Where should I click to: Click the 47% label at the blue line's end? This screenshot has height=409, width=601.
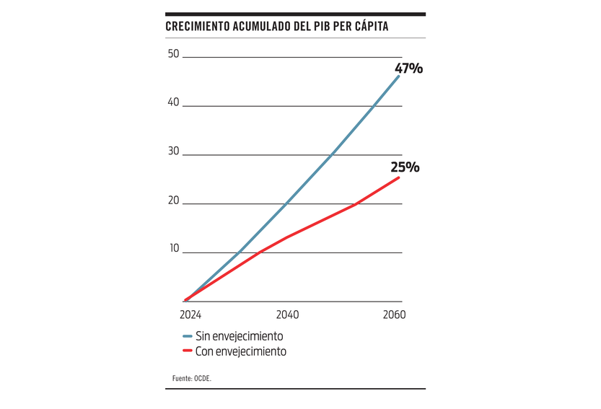pos(408,69)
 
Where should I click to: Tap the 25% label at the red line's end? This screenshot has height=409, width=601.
pos(405,167)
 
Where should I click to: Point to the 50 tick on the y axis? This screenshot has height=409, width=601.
pos(173,53)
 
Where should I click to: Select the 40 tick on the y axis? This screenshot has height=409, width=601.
pos(173,102)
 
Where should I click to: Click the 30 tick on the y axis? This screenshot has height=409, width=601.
pos(173,151)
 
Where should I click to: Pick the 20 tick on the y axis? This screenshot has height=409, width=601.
pos(173,200)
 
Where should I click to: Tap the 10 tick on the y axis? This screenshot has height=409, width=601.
pos(173,248)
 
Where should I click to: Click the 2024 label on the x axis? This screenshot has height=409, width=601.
pos(190,315)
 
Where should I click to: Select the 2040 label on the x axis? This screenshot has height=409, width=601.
pos(287,315)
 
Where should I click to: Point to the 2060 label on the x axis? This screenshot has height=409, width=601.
pos(395,315)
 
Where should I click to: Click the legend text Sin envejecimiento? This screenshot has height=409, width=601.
pos(239,336)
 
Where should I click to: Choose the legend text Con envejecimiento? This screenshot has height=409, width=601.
pos(240,351)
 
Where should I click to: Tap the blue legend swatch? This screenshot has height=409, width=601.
pos(187,336)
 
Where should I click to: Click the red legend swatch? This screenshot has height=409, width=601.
pos(187,351)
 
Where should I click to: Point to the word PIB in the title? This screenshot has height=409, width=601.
pos(320,27)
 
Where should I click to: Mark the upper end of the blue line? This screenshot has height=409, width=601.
pos(398,76)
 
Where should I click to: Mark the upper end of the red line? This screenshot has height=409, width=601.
pos(398,177)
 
